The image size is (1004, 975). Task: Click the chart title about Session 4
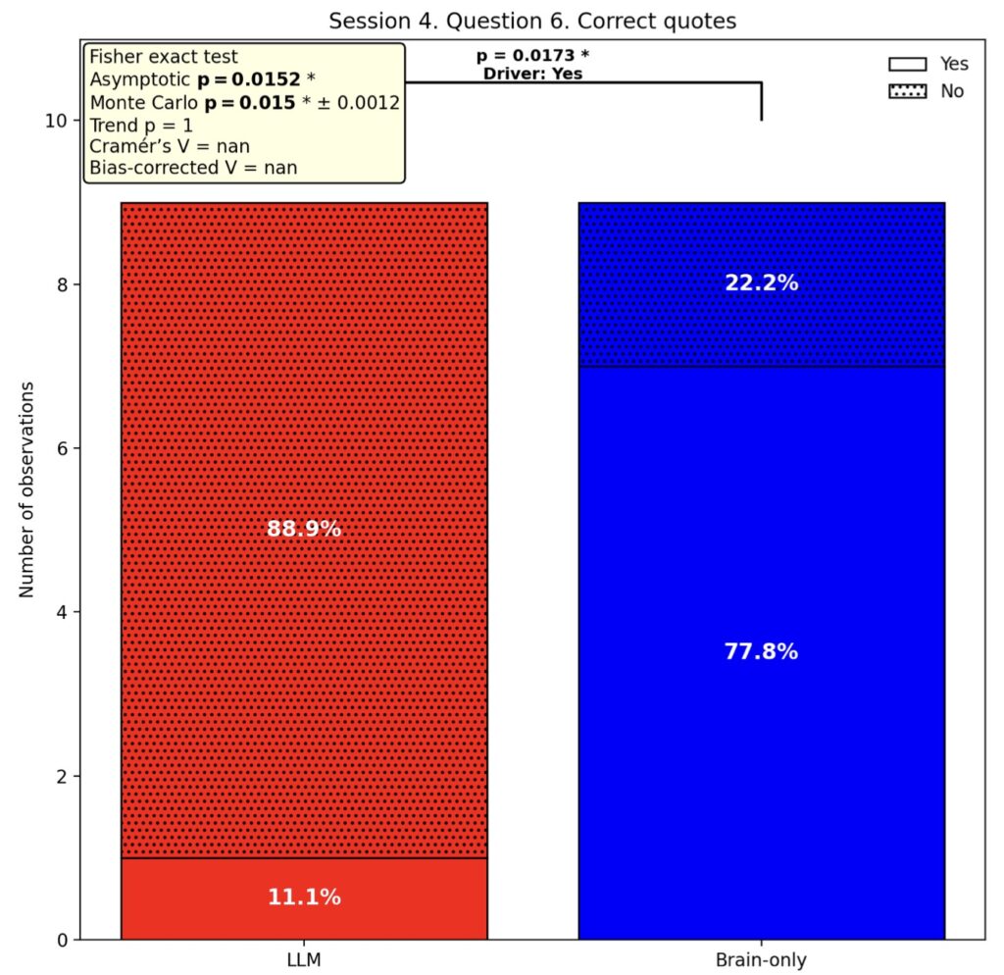(532, 21)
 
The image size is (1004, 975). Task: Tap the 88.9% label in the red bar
(304, 529)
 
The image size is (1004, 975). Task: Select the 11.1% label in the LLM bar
(304, 897)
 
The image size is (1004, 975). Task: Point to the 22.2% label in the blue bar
(761, 283)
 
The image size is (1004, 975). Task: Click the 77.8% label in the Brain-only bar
(761, 651)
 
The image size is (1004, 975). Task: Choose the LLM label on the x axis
(304, 959)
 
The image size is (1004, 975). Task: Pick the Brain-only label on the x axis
(761, 959)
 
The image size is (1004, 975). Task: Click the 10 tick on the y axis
(55, 121)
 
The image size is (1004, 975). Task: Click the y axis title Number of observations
(26, 488)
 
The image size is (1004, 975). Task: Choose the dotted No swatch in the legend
(908, 91)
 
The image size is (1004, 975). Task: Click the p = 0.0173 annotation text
(532, 55)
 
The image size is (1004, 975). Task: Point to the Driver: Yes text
(532, 73)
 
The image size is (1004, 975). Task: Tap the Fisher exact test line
(164, 57)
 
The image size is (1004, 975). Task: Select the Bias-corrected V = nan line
(193, 168)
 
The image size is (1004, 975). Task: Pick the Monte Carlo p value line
(244, 102)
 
